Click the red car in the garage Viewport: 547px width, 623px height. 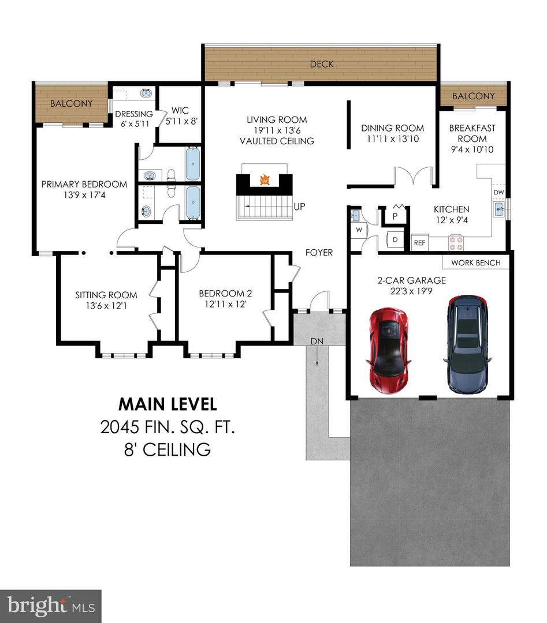(388, 348)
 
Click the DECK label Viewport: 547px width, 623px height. (322, 64)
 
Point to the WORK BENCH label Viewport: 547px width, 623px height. (476, 262)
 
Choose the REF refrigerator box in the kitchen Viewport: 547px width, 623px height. (419, 243)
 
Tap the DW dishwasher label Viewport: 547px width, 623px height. (500, 192)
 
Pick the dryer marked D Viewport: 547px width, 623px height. (396, 239)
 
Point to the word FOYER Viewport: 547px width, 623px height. (319, 253)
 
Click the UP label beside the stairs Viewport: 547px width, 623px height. (299, 206)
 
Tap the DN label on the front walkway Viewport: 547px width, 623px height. (317, 341)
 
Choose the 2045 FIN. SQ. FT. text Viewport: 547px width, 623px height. (168, 427)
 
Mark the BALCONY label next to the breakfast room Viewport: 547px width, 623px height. (473, 96)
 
